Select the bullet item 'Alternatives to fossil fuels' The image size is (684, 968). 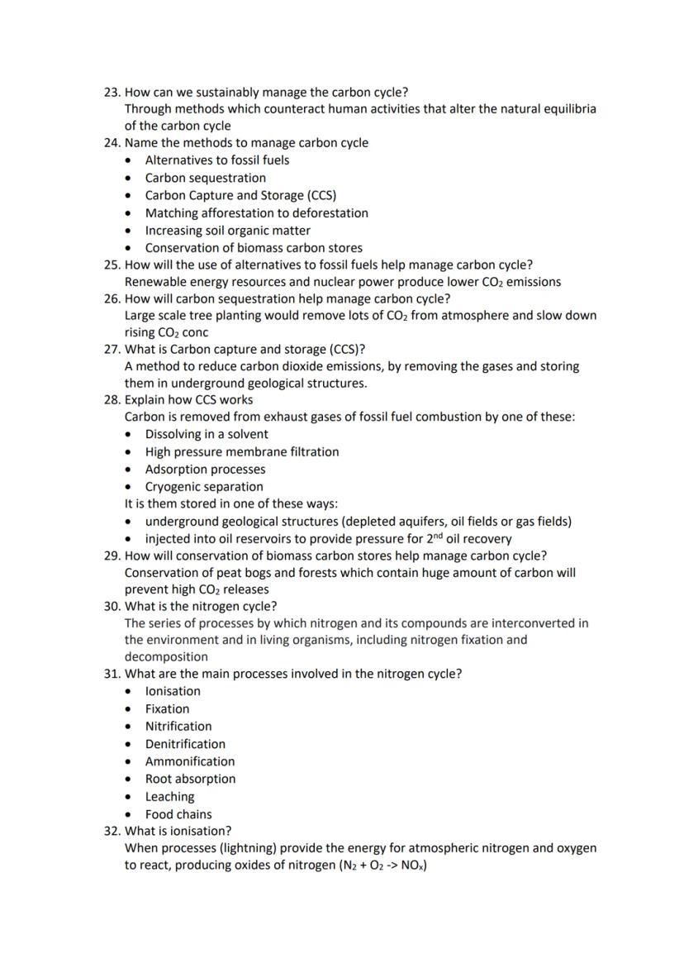coord(216,160)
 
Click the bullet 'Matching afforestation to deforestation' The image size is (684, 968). coord(256,213)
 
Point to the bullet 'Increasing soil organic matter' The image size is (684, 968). coord(227,231)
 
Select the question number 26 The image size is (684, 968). coord(112,298)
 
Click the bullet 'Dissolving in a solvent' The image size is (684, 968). coord(207,434)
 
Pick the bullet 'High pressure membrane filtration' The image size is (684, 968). coord(241,452)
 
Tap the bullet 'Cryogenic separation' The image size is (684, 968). coord(204,487)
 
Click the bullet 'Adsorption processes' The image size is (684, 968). coord(205,470)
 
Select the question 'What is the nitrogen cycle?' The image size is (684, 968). coord(201,606)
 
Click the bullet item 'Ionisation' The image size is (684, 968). coord(173,691)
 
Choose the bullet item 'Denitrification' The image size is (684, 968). coord(185,744)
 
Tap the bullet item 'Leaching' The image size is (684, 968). coord(169,797)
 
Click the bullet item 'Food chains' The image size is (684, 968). coord(178,814)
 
